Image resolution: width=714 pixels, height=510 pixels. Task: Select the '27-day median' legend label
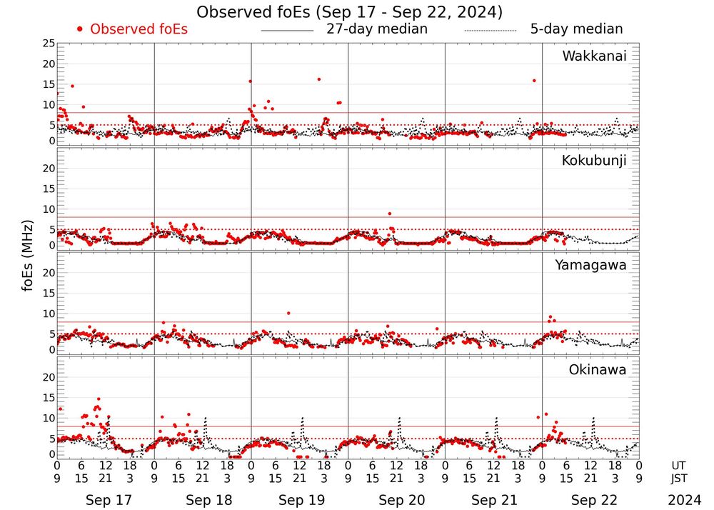coord(377,29)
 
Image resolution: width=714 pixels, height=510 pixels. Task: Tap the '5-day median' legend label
coord(576,29)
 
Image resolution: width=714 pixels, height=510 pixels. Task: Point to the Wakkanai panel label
coord(594,56)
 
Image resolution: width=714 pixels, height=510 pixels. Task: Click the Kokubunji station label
coord(594,161)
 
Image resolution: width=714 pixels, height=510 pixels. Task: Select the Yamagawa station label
coord(591,265)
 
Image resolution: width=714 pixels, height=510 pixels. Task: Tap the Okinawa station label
coord(598,370)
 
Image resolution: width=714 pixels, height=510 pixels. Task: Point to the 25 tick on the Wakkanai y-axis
coord(49,44)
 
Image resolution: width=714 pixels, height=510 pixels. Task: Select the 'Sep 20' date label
coord(396,500)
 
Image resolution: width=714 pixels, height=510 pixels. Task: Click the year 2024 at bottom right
coord(685,500)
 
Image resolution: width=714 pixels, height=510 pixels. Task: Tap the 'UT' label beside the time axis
coord(679,464)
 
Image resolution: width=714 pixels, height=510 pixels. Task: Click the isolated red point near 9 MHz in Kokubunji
coord(389,214)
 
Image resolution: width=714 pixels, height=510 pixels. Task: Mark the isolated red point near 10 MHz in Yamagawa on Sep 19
coord(288,313)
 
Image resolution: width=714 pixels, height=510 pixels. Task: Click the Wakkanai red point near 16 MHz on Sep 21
coord(534,81)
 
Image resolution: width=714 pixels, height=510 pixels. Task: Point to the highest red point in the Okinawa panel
coord(98,399)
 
